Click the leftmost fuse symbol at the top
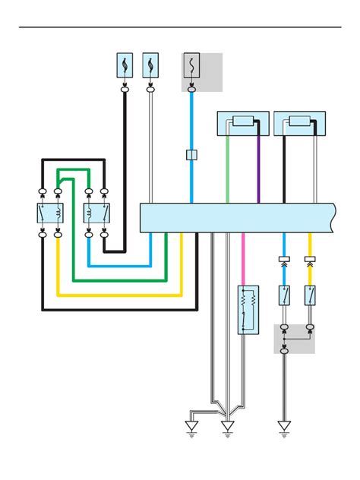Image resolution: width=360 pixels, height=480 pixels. (125, 65)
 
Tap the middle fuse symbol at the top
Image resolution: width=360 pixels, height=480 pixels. (150, 65)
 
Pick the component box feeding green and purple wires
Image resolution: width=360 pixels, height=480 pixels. (243, 122)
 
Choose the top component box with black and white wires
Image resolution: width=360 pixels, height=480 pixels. (299, 122)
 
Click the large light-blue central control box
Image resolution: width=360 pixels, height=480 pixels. (237, 218)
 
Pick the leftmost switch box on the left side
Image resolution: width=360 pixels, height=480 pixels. (49, 213)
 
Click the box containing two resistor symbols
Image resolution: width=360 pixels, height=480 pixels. (248, 310)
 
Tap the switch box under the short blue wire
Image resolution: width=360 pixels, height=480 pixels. (284, 295)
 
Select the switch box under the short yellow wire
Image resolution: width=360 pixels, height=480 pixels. (310, 295)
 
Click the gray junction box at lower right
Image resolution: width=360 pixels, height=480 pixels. (295, 339)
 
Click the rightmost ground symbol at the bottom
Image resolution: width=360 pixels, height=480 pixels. (284, 428)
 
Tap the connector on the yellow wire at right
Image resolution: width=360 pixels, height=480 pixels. (310, 261)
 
